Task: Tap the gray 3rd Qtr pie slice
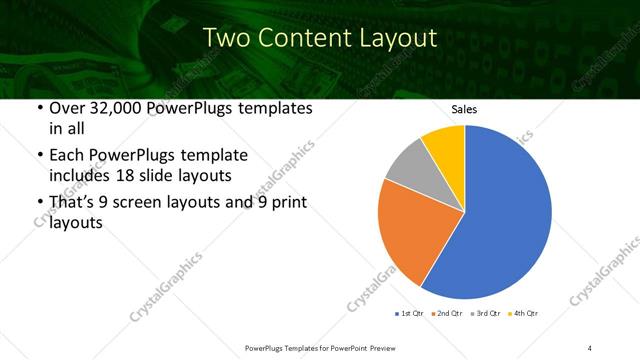point(410,165)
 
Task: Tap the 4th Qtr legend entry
point(524,314)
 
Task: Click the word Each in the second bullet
point(65,155)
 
